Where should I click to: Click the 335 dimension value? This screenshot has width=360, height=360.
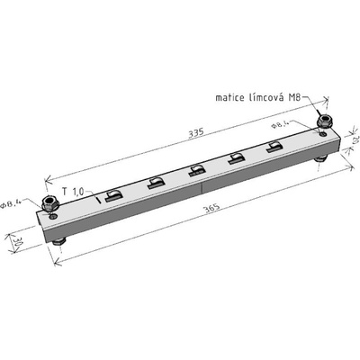196,132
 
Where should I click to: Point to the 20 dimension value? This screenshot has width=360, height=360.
355,139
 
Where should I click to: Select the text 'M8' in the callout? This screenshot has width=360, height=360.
294,98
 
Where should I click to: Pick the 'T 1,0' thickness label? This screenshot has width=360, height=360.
72,192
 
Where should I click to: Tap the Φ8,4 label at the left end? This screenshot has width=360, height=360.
12,204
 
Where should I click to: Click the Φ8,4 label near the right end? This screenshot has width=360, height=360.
281,124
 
